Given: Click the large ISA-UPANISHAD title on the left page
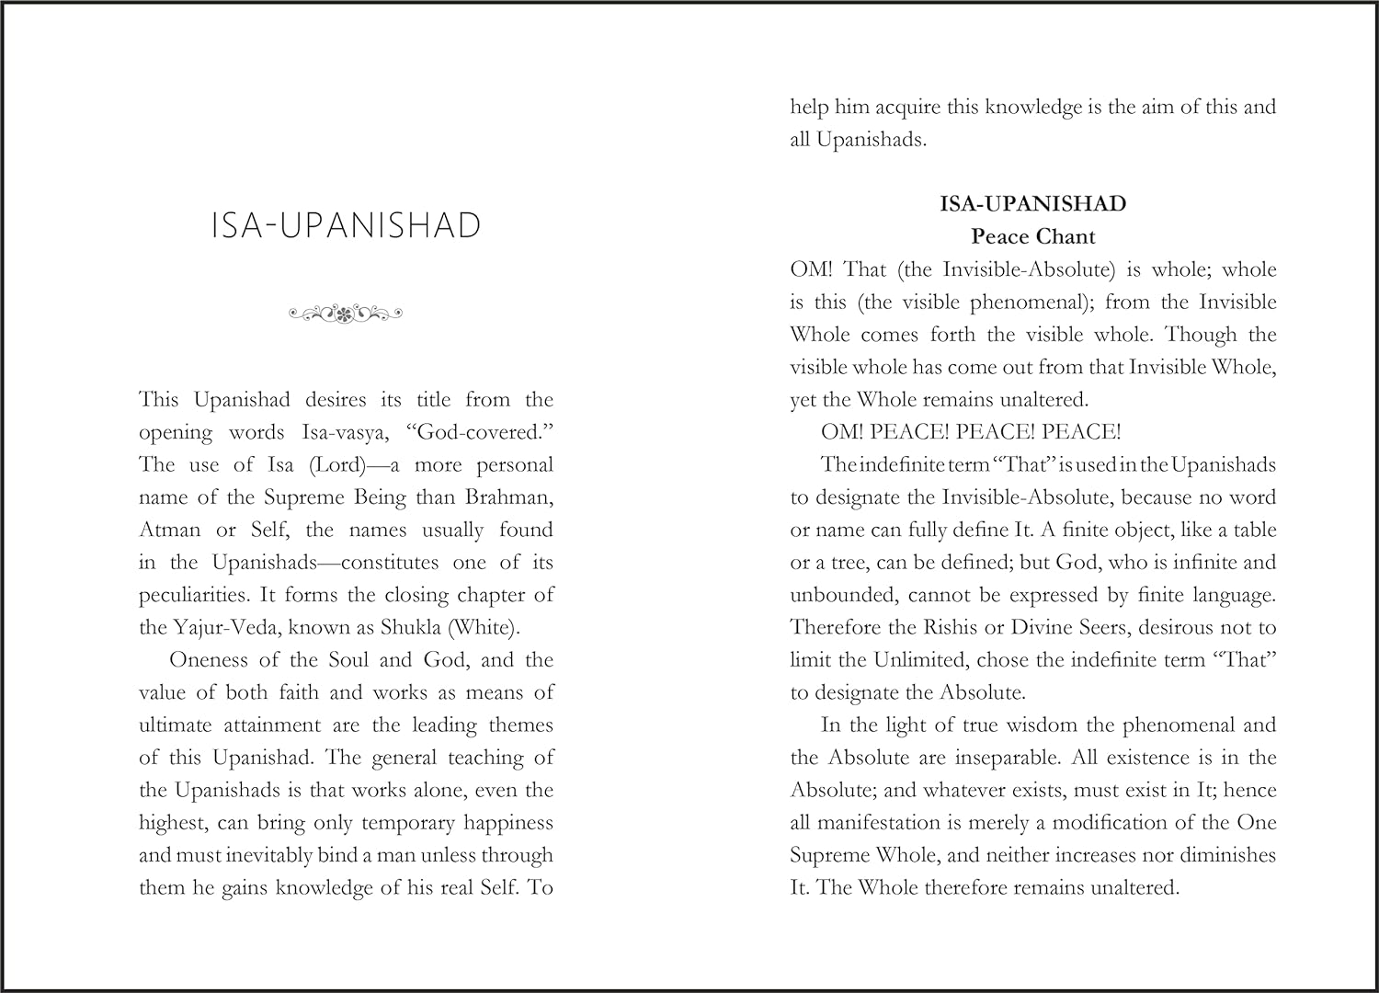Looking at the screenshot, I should coord(346,226).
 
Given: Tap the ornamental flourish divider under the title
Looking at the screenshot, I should coord(346,314).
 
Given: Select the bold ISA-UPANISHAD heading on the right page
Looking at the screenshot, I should coord(1032,203).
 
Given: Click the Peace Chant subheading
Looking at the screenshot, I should coord(1032,236).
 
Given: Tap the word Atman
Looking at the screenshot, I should coord(169,531).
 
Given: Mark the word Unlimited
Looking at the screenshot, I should coord(922,660).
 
